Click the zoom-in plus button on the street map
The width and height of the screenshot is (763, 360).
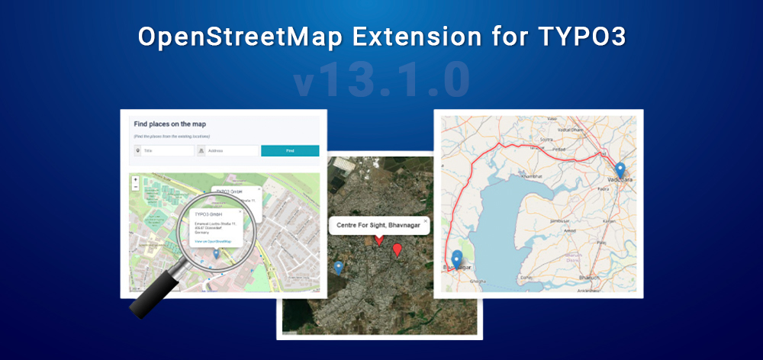[135, 180]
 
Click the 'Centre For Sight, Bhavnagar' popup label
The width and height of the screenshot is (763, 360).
[377, 225]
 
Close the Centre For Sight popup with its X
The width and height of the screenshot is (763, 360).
[425, 220]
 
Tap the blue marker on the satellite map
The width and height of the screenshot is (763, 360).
[338, 266]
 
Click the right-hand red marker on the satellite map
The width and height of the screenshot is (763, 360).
[397, 249]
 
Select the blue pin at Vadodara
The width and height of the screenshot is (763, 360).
[620, 169]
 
